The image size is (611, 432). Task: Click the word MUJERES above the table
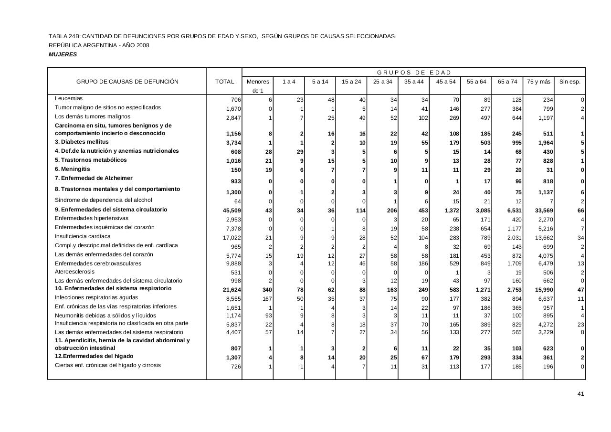63,54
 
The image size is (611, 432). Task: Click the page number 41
580,394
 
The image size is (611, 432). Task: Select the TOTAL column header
224,82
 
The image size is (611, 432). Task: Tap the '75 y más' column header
538,82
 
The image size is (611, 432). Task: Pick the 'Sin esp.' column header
569,82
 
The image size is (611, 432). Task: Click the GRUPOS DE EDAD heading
414,73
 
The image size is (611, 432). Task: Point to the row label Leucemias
69,98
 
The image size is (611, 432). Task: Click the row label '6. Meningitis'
73,169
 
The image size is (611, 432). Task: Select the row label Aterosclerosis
75,272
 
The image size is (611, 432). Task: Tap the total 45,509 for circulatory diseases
232,211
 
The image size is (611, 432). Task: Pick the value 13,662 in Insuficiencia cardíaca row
541,237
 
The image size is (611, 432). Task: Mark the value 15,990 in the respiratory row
541,289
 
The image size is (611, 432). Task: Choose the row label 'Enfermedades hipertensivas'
92,218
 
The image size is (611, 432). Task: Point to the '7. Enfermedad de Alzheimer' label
94,178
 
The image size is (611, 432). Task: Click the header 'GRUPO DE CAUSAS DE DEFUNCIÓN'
127,82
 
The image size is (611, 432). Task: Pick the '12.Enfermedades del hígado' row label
94,356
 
